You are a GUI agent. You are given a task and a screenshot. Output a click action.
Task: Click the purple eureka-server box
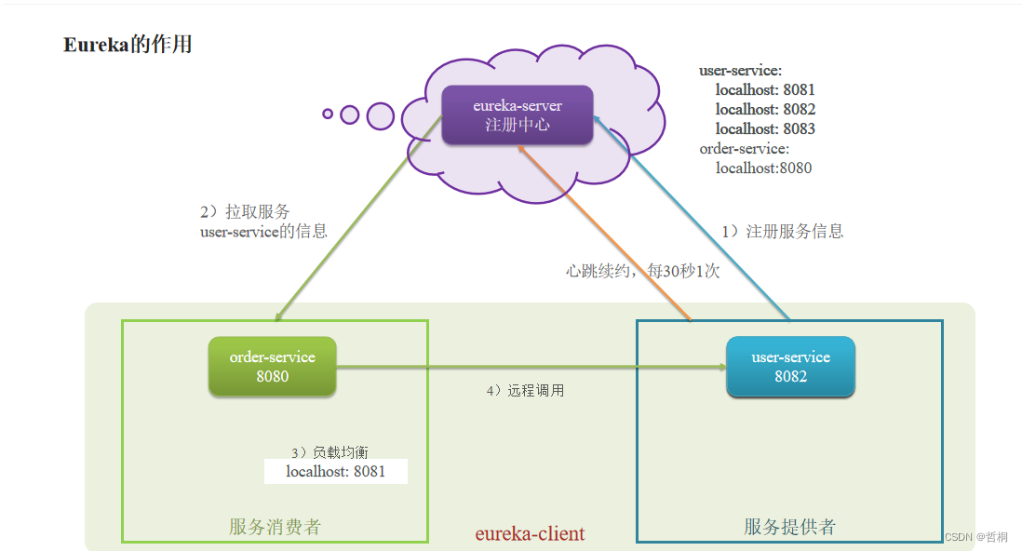517,115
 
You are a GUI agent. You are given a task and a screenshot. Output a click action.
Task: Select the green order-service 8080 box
272,367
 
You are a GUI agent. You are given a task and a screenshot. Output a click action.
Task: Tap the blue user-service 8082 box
790,367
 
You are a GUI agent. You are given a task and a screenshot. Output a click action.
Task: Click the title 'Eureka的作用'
128,45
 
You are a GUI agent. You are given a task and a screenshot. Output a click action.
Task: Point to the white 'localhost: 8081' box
335,472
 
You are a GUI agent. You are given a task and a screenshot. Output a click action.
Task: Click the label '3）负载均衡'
329,452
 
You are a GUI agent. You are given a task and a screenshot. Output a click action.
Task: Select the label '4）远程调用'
525,391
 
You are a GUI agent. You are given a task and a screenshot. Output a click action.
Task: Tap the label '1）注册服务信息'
783,232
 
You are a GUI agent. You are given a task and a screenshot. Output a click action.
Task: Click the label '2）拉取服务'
244,212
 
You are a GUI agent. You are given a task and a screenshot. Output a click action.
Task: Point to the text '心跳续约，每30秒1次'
642,271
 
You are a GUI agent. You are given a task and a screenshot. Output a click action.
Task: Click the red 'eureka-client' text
530,534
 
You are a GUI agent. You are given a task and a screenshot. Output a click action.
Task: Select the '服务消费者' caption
275,527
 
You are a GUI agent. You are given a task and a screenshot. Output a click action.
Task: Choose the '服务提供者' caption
789,527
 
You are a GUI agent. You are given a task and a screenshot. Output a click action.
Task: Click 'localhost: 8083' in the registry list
765,129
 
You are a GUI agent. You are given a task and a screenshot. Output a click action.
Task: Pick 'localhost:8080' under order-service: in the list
763,168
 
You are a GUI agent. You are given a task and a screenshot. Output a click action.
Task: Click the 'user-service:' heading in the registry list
740,71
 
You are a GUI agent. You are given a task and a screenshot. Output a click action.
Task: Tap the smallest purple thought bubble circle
328,114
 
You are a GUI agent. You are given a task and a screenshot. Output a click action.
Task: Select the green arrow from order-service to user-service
531,367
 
